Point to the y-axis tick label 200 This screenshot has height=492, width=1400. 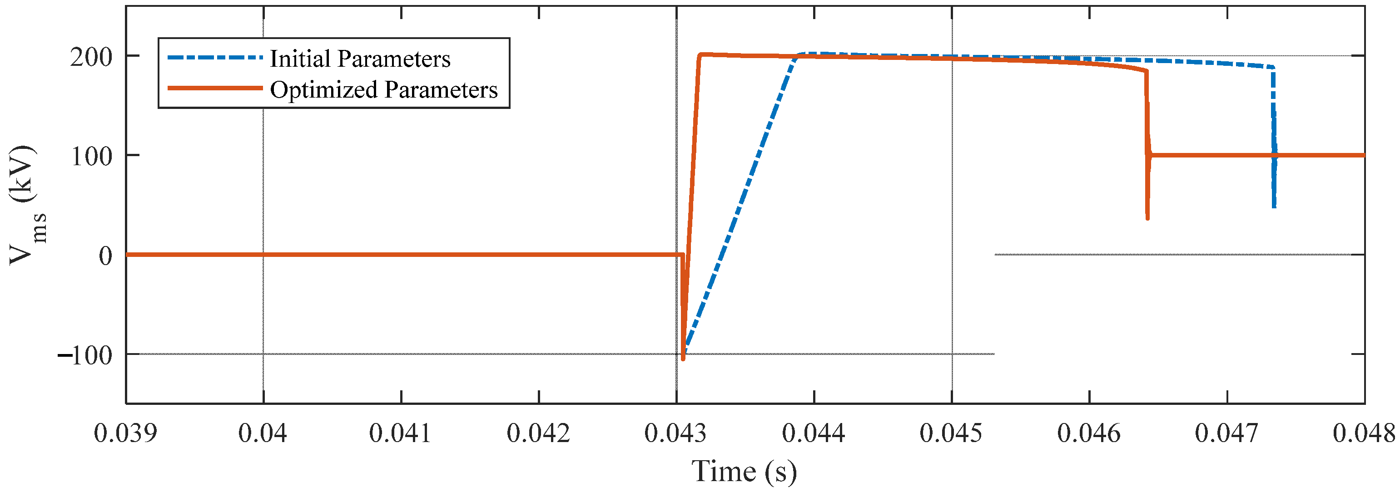(91, 57)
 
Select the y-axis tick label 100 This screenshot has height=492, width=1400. (91, 157)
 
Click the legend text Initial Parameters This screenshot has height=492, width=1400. (360, 59)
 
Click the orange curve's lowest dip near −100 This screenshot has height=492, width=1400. (683, 359)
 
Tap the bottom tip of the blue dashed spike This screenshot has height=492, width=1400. (1274, 207)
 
